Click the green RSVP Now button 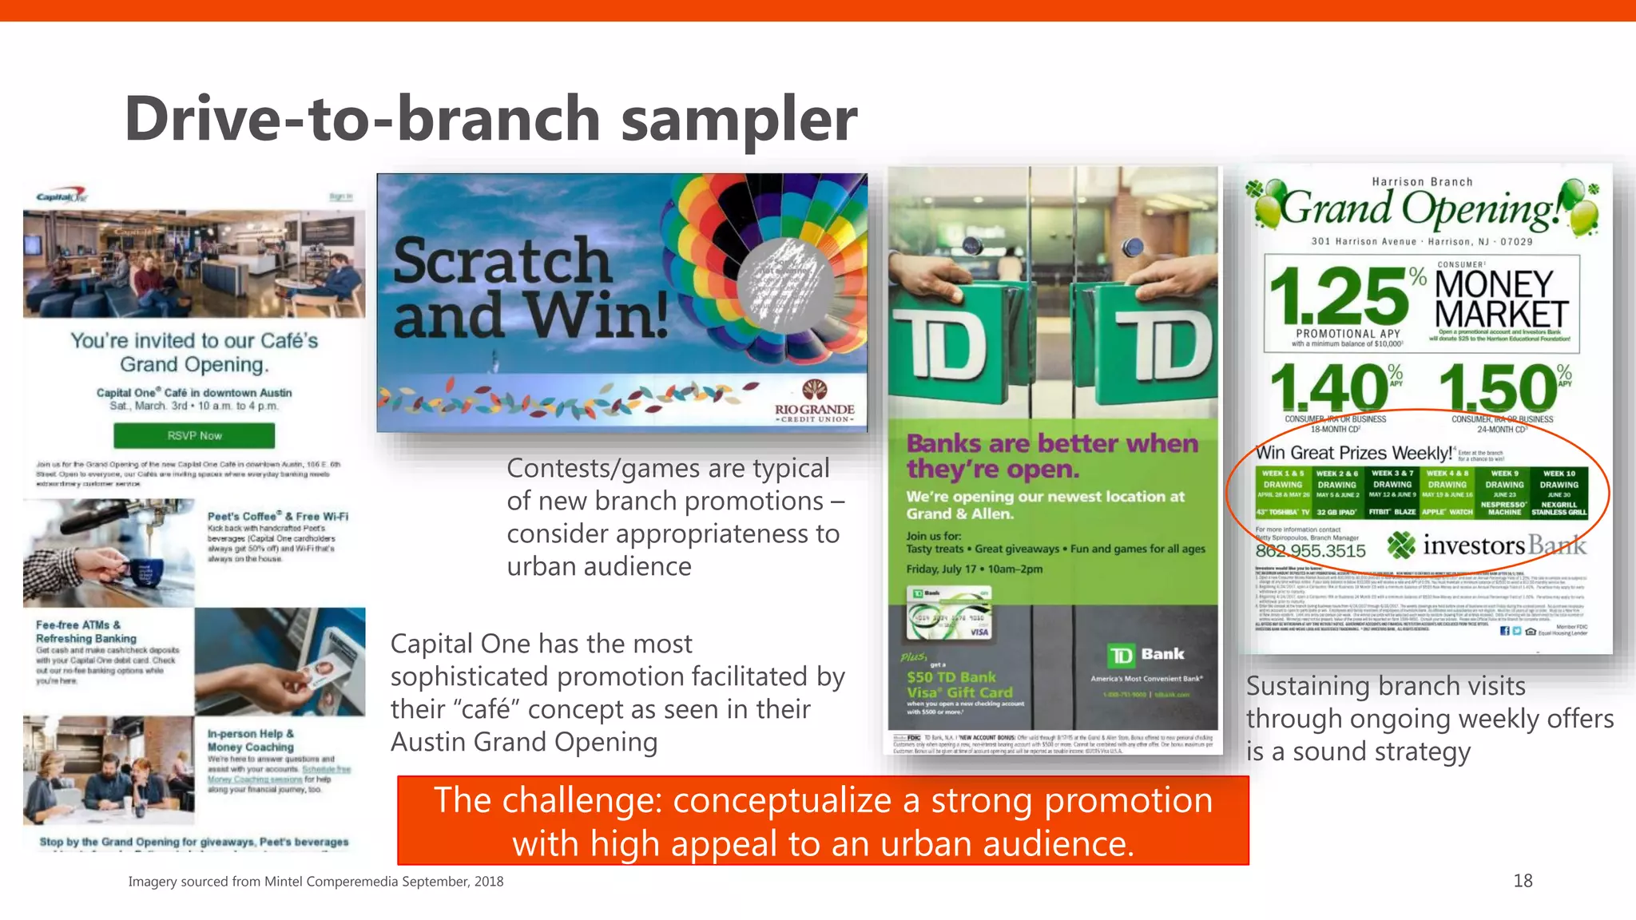[194, 435]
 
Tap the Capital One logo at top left [62, 196]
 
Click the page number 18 [1523, 880]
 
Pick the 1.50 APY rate [1497, 389]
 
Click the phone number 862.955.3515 [1310, 550]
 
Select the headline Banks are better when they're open [1052, 455]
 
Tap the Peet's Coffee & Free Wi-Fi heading [277, 516]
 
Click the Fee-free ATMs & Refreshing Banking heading [86, 632]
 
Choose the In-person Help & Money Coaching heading [251, 740]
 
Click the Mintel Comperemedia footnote [316, 881]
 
